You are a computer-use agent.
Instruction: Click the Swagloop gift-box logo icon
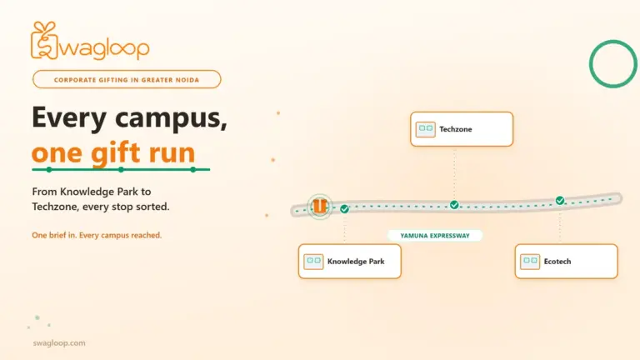(x=44, y=41)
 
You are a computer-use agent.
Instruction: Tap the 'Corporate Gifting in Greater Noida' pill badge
(x=127, y=80)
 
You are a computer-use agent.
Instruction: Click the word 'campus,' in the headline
(x=171, y=118)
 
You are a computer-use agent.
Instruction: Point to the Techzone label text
(x=456, y=129)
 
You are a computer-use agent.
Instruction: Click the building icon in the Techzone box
(x=425, y=129)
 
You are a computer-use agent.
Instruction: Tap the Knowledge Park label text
(x=356, y=261)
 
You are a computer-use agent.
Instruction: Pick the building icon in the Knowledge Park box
(x=313, y=261)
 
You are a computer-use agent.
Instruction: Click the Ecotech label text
(x=557, y=261)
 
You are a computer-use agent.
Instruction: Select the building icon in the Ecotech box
(x=530, y=261)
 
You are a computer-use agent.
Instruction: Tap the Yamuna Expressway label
(x=435, y=236)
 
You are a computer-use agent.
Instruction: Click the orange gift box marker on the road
(x=320, y=206)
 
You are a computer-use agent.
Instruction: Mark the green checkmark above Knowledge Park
(x=344, y=209)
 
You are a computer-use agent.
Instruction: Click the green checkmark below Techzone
(x=454, y=205)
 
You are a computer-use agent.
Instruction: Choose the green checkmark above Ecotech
(x=560, y=200)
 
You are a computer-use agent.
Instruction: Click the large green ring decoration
(x=591, y=64)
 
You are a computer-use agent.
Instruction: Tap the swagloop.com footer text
(x=59, y=342)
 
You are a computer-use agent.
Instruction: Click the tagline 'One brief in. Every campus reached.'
(x=97, y=235)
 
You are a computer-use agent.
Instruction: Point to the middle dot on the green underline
(x=121, y=169)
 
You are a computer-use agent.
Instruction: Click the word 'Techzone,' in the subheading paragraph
(x=55, y=207)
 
